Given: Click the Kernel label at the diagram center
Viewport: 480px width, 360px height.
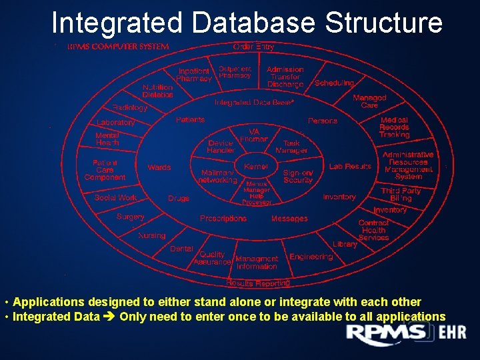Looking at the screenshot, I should click(256, 167).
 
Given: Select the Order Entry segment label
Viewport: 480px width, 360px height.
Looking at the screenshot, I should click(253, 47).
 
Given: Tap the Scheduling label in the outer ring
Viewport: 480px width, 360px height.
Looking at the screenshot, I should click(334, 83).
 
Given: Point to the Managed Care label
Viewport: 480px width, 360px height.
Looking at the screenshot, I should click(369, 101).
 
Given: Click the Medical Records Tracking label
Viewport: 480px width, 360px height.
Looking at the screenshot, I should click(394, 127).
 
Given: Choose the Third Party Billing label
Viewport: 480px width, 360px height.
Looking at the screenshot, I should click(401, 195).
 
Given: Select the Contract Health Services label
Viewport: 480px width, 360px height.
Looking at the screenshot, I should click(373, 230).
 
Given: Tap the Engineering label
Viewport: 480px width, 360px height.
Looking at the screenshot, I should click(311, 257).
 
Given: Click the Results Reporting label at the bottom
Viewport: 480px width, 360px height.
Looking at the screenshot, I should click(257, 283).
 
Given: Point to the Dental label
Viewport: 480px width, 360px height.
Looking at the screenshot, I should click(181, 249).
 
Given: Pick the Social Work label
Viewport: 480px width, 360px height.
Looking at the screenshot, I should click(115, 198).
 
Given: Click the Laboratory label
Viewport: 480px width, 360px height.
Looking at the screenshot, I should click(115, 123).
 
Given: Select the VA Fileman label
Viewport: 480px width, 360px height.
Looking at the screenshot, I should click(254, 135).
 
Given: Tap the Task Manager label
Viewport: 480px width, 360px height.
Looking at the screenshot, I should click(291, 147).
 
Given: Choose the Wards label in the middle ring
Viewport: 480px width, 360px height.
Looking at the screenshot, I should click(159, 167).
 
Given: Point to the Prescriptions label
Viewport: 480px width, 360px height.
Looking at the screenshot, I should click(223, 219).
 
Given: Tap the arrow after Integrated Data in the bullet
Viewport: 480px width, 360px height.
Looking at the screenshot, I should click(110, 317).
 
